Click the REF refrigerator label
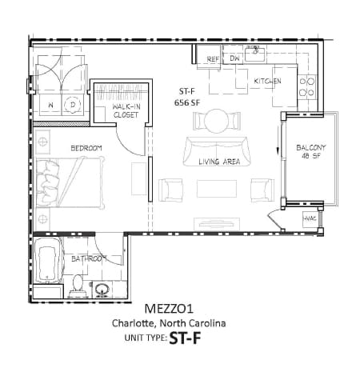(213, 60)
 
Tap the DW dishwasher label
(234, 59)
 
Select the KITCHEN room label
(267, 82)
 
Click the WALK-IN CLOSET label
(126, 110)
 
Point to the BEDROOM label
(86, 148)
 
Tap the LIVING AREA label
(219, 162)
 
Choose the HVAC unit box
(310, 219)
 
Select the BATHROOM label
(88, 259)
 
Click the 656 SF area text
(186, 102)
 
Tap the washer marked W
(50, 105)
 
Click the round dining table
(217, 120)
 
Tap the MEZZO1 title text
(169, 309)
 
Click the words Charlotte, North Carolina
(168, 323)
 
